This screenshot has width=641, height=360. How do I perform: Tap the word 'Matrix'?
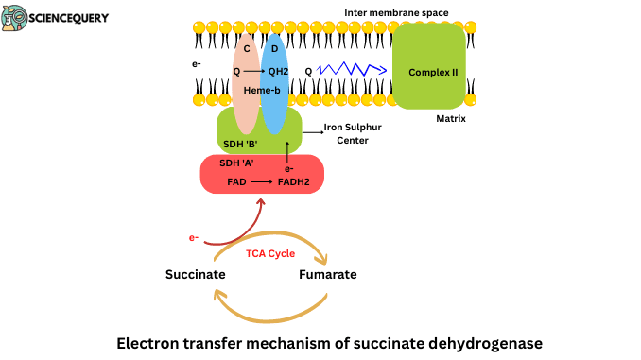point(451,120)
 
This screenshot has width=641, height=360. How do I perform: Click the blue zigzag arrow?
point(352,70)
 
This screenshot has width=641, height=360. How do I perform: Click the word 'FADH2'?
point(295,180)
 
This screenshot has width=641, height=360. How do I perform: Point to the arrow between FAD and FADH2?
point(261,180)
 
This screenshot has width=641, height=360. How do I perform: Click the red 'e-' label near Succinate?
point(194,237)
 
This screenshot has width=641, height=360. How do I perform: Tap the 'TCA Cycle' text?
point(271,253)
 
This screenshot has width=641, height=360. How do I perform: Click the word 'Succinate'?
point(195,275)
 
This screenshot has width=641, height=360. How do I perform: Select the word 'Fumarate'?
point(327,275)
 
